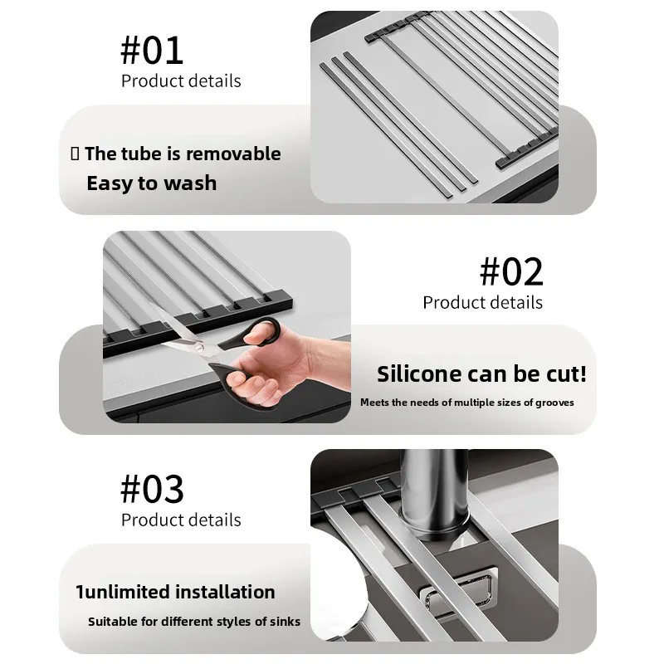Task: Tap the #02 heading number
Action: (x=511, y=271)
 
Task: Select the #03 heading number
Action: (x=152, y=489)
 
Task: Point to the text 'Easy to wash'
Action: (x=151, y=183)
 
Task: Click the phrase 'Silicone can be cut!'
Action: (x=481, y=373)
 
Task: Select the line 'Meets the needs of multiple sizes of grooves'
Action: (x=466, y=403)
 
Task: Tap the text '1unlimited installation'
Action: (x=175, y=592)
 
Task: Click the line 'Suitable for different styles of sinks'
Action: (x=194, y=621)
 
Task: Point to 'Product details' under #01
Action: (x=181, y=81)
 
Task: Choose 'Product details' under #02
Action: (x=482, y=302)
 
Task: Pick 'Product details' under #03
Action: (x=181, y=520)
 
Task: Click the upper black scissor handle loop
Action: (x=261, y=332)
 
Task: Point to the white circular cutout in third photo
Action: (x=340, y=581)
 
